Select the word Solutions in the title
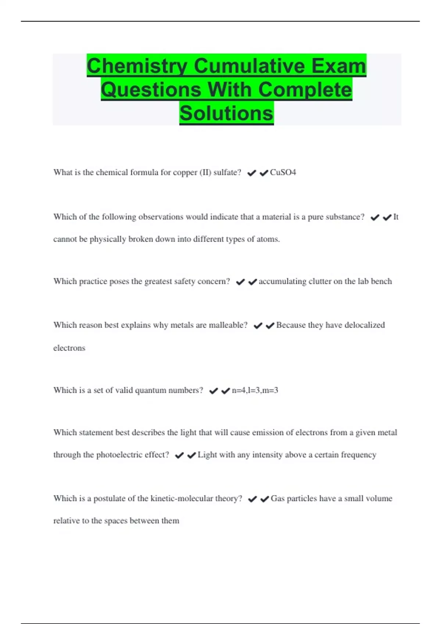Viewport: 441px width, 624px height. click(226, 113)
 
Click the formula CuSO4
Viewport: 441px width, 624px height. click(283, 173)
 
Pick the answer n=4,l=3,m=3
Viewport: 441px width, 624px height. click(255, 390)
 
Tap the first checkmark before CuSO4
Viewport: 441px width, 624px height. click(251, 173)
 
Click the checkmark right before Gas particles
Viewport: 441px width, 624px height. click(265, 499)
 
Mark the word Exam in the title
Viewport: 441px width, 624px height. click(338, 66)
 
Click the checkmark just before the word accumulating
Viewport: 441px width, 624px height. click(252, 282)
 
